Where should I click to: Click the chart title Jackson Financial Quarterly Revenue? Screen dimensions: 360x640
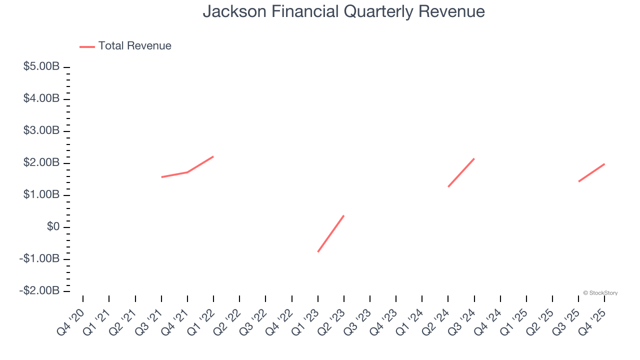point(343,11)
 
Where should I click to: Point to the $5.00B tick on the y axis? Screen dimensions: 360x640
point(41,67)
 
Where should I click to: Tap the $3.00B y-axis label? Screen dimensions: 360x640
point(41,131)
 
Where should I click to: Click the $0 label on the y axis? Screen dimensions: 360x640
point(53,227)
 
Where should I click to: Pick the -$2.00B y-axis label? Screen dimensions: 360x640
point(40,291)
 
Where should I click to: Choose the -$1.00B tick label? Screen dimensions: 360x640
point(40,259)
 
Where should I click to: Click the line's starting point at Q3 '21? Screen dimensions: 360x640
point(161,177)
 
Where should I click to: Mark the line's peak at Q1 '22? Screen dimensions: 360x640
point(213,156)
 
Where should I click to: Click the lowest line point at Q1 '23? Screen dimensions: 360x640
point(318,251)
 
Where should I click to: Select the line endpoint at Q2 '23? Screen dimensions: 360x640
point(344,215)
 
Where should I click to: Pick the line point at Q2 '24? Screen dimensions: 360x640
point(448,186)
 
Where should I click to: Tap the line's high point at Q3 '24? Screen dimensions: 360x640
point(474,158)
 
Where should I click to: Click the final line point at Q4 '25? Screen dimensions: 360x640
point(604,164)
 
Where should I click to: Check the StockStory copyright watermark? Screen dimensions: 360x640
point(600,293)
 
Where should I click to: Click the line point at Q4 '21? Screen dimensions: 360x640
point(187,172)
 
